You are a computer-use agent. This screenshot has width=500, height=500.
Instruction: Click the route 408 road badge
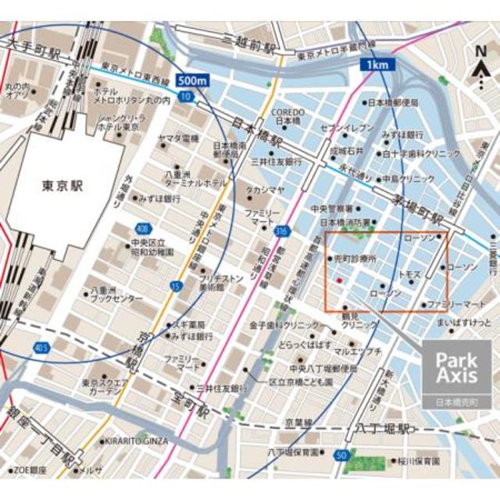click(141, 229)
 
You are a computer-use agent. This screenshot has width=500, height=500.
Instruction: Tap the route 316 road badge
click(281, 230)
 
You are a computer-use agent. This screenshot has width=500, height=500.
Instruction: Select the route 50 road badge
click(341, 455)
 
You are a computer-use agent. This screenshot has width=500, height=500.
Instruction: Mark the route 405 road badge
click(41, 346)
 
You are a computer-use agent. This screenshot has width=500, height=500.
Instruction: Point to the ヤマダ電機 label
click(180, 138)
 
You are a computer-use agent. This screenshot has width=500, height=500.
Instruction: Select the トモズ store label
click(409, 275)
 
